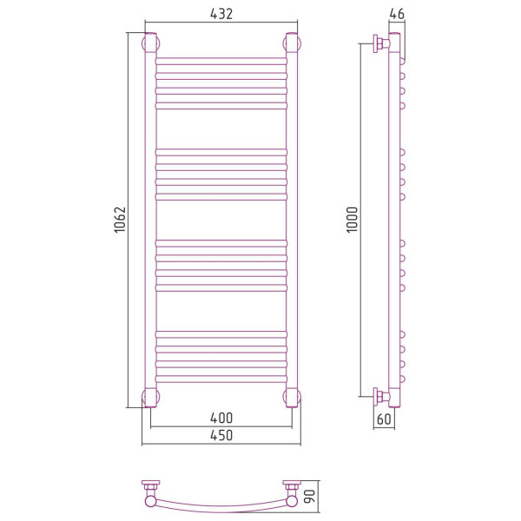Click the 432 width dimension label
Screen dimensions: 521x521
click(x=221, y=14)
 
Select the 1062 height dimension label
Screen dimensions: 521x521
click(x=120, y=220)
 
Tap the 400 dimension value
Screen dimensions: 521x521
click(x=221, y=418)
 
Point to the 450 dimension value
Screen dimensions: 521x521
click(x=221, y=435)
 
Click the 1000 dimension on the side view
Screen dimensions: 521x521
click(x=352, y=220)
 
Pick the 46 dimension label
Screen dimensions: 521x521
click(x=397, y=14)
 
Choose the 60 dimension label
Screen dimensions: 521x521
click(x=384, y=419)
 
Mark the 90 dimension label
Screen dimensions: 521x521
click(x=310, y=497)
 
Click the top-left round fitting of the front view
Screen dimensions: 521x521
click(x=150, y=43)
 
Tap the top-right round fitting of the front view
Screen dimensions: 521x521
click(x=292, y=43)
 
